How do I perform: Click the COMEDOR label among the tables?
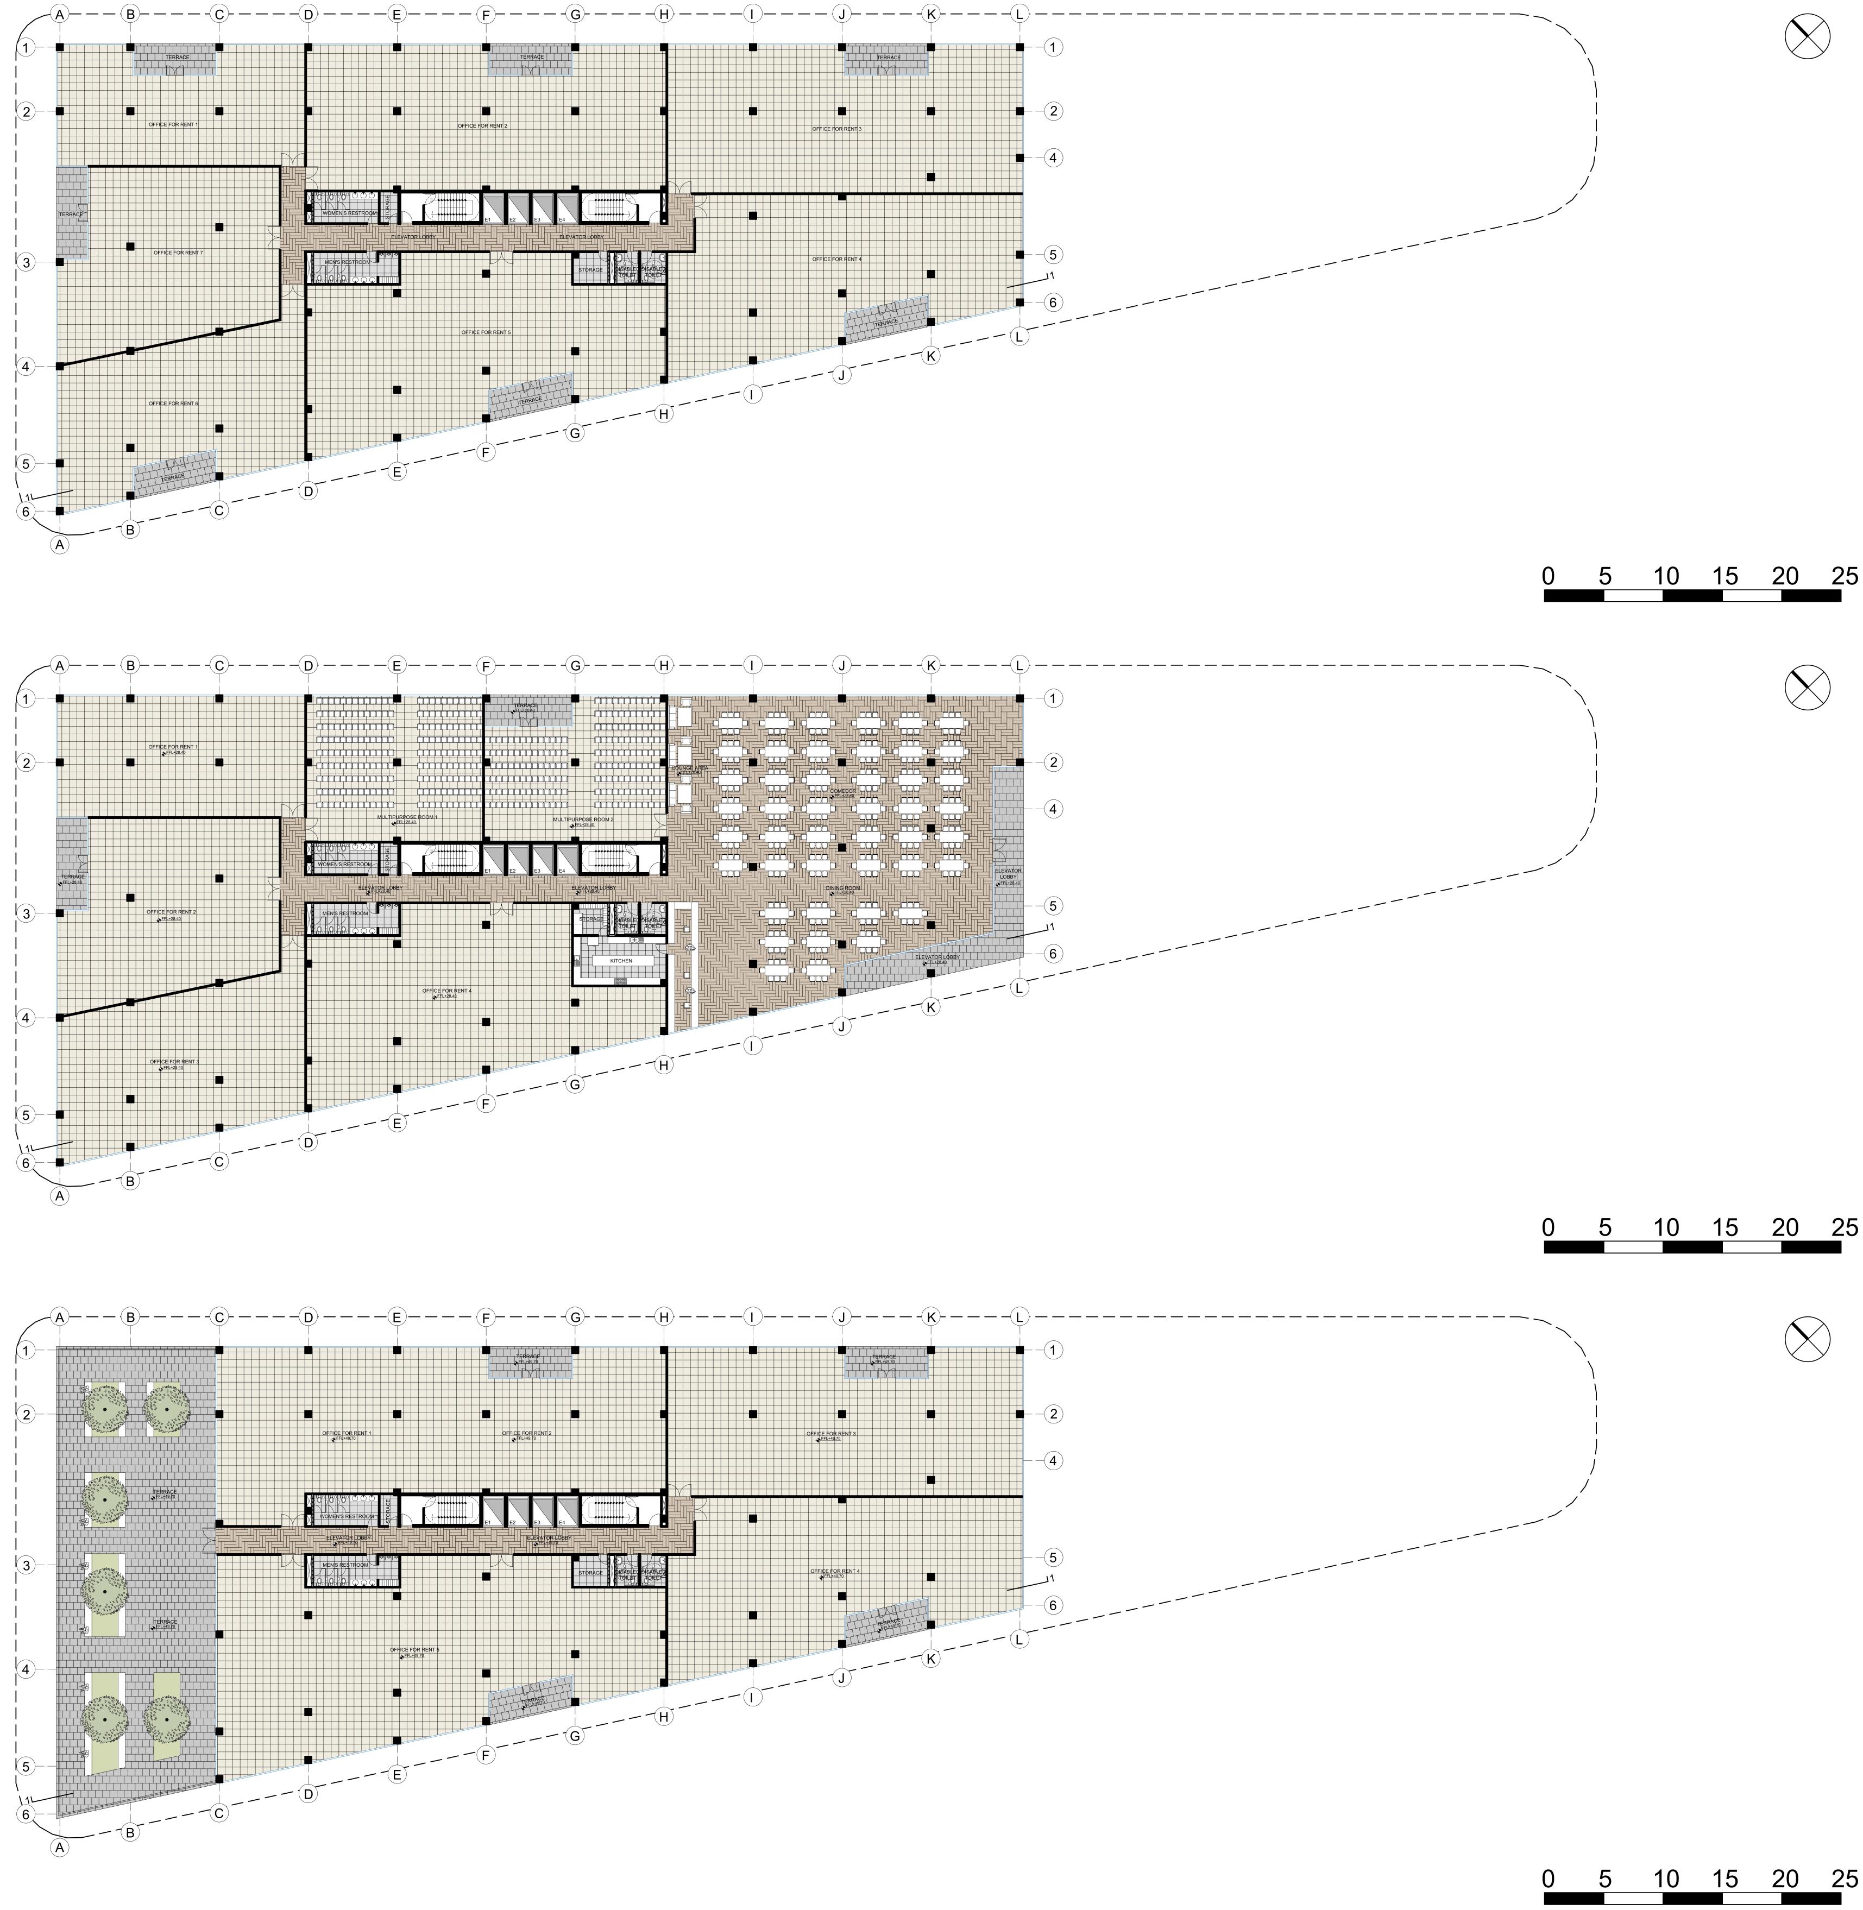(844, 791)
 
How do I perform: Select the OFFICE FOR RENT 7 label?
(178, 253)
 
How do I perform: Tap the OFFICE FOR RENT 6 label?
(173, 403)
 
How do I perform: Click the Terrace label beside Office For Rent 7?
(71, 213)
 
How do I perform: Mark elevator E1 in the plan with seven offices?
(487, 219)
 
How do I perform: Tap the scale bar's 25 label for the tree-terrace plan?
(1845, 1878)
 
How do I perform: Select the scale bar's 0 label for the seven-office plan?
(1548, 576)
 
